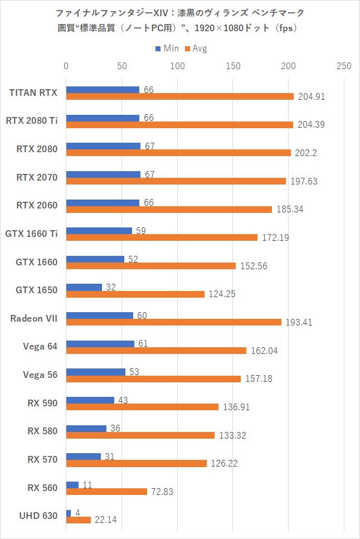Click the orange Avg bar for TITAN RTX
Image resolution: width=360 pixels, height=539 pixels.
click(x=179, y=96)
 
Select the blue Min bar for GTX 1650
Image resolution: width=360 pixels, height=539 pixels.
click(x=84, y=288)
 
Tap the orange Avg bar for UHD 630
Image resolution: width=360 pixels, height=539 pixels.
click(x=79, y=520)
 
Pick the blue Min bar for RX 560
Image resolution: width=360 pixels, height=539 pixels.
click(x=72, y=485)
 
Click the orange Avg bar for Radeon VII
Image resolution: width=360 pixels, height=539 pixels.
click(x=174, y=322)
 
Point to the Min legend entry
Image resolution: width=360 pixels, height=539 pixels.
click(x=167, y=48)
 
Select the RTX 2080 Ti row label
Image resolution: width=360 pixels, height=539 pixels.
click(x=32, y=120)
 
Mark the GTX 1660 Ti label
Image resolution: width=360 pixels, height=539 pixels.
click(x=31, y=233)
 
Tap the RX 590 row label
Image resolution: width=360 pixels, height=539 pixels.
click(x=43, y=403)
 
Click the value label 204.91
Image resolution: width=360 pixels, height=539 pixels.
click(x=311, y=96)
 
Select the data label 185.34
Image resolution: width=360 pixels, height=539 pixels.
click(x=289, y=210)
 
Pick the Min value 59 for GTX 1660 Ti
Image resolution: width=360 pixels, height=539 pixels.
click(x=141, y=231)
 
